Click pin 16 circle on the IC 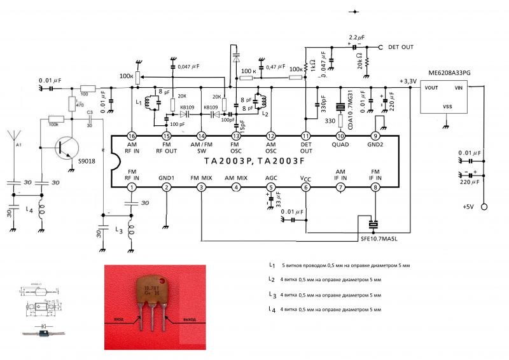tap(131, 136)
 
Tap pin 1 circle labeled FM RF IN tap(131, 187)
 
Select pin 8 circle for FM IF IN tap(375, 187)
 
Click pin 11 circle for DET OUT tap(305, 136)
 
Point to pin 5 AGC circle tap(270, 187)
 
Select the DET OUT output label tap(401, 48)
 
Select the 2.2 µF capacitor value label tap(358, 38)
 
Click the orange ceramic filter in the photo tap(152, 294)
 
